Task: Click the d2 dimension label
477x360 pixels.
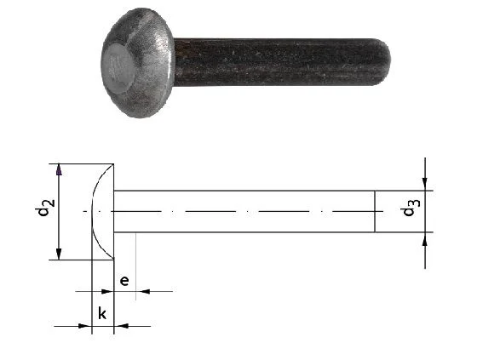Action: pos(44,208)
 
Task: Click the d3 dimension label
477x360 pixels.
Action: pos(411,208)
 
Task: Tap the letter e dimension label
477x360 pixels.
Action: pos(124,281)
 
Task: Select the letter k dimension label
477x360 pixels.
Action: pos(102,313)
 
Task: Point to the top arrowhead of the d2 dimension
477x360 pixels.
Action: pos(59,169)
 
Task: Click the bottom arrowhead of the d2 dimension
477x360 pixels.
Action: pos(59,254)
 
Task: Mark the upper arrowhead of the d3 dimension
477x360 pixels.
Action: pos(425,185)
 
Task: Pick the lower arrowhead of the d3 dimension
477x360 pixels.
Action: pos(425,238)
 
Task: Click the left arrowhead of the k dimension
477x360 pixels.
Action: pos(85,326)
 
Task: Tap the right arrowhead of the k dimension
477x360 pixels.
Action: pos(121,326)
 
